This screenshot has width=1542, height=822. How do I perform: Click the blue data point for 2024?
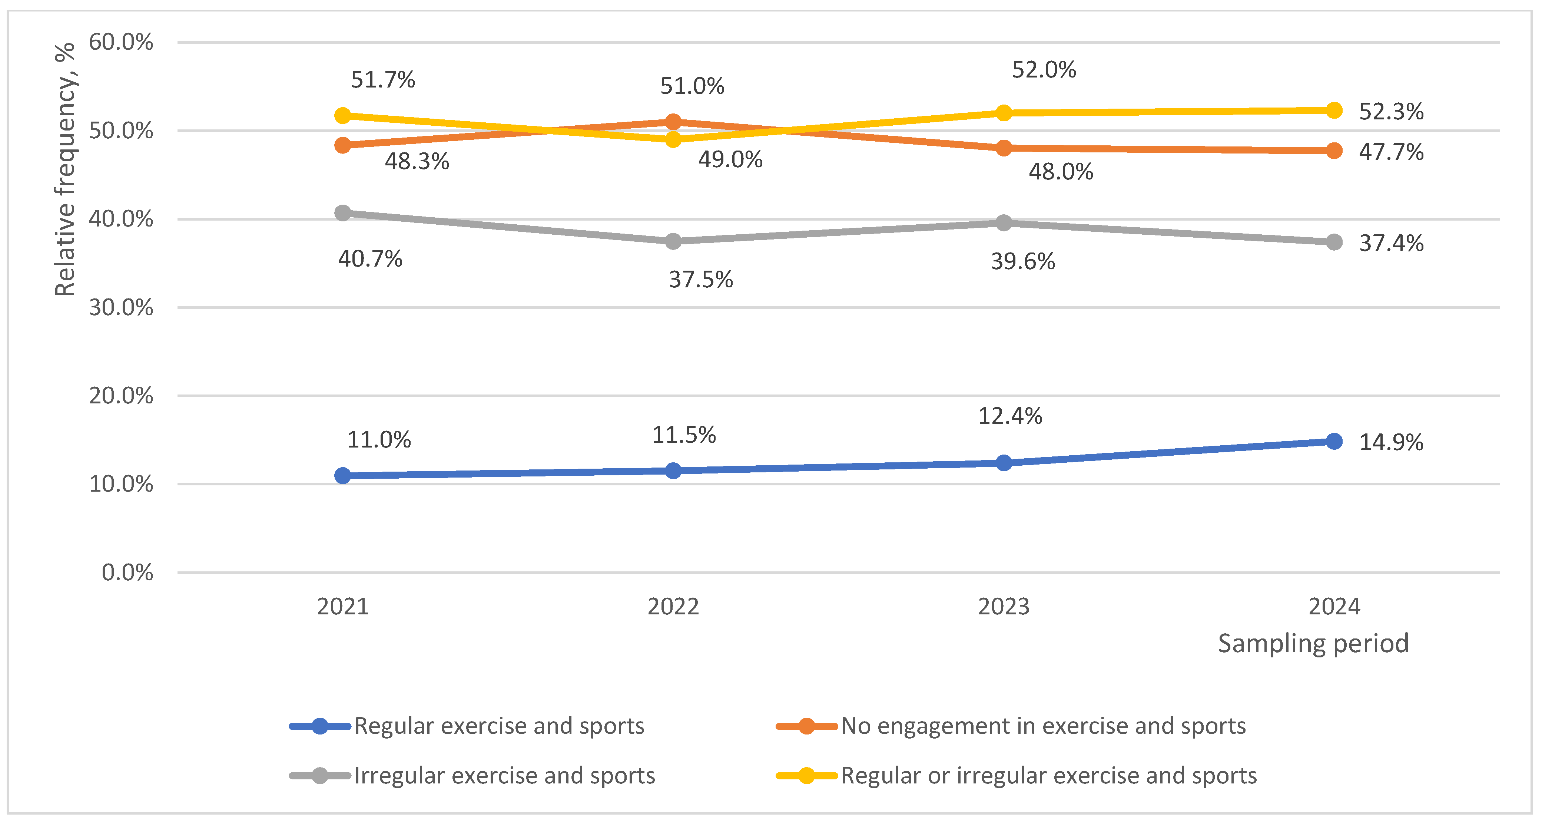point(1334,441)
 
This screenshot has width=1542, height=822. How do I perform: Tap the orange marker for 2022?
point(673,122)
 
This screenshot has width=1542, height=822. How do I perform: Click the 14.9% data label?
point(1390,442)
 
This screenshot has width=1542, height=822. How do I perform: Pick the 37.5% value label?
point(700,280)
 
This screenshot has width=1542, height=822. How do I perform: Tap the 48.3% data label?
point(417,161)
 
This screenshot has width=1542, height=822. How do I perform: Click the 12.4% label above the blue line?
point(1010,416)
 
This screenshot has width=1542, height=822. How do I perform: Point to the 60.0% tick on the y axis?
point(121,43)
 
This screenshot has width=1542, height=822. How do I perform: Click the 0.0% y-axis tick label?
point(127,572)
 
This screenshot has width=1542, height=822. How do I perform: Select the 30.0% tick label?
point(121,308)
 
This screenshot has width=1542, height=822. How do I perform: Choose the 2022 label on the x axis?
point(673,607)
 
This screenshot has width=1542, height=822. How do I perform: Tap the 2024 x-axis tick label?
point(1334,607)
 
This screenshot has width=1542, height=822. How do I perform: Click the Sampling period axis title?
point(1313,644)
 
